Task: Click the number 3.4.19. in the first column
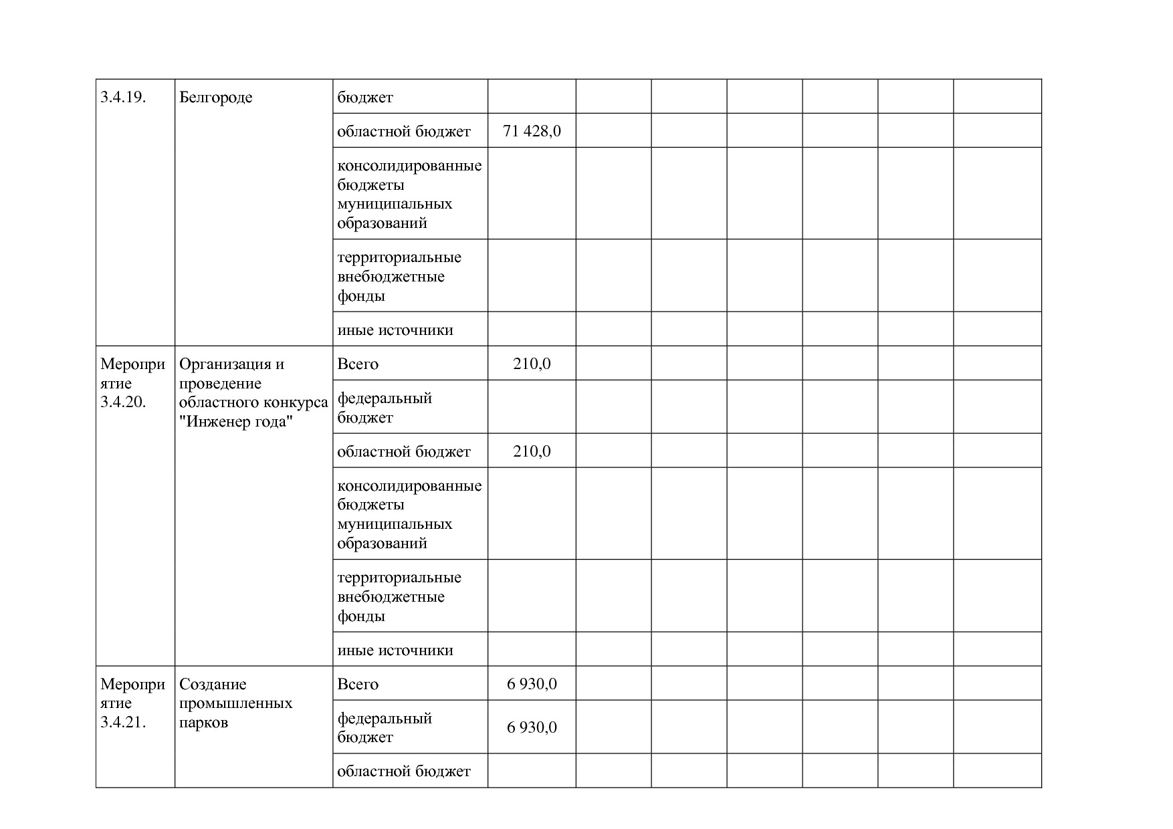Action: click(x=124, y=98)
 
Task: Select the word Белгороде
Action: click(x=215, y=98)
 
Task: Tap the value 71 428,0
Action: click(x=532, y=131)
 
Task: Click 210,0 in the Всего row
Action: click(x=532, y=364)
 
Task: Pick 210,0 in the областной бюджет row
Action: click(x=532, y=452)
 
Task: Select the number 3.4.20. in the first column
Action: click(x=124, y=402)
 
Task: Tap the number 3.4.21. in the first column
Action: click(x=124, y=723)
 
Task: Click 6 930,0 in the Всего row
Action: click(x=532, y=685)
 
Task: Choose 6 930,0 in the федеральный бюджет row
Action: click(x=532, y=727)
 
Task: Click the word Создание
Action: click(x=213, y=685)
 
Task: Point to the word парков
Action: click(x=203, y=723)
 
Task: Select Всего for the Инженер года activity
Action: click(x=358, y=364)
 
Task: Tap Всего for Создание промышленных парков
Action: click(x=358, y=685)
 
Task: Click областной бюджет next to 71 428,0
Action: click(x=404, y=132)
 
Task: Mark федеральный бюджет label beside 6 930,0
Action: click(x=385, y=727)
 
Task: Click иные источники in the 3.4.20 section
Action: click(x=395, y=650)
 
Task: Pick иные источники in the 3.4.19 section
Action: click(x=395, y=330)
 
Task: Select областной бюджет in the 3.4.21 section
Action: click(x=404, y=772)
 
